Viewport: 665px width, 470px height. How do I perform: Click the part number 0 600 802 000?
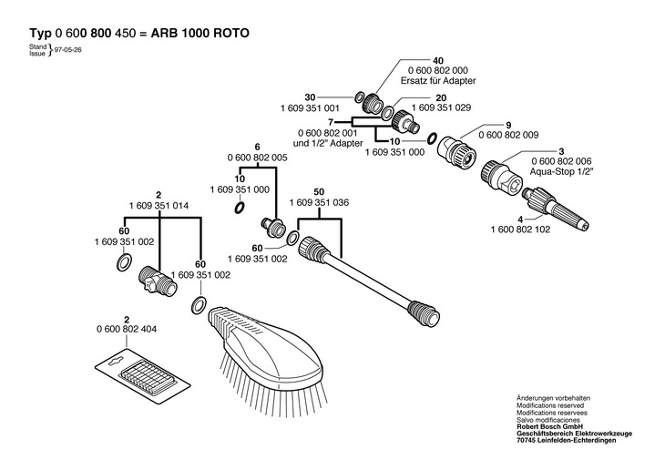(x=438, y=70)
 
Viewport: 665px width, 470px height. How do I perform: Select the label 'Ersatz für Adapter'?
(x=438, y=80)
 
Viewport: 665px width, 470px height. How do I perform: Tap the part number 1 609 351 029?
(x=441, y=107)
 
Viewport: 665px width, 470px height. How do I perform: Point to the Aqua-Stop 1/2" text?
(x=561, y=172)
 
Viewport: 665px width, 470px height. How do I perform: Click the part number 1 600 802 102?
(x=520, y=230)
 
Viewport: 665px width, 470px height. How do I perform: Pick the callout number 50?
(x=319, y=191)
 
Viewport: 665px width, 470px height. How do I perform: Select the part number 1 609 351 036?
(x=319, y=203)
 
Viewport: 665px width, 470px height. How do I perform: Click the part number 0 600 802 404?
(x=127, y=329)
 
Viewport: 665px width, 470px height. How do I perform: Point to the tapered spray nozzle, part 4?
(x=557, y=209)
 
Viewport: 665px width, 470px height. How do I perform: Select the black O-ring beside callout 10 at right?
(x=433, y=138)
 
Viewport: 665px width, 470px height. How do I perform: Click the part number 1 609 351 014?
(x=159, y=206)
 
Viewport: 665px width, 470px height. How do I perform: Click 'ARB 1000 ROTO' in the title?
(x=199, y=33)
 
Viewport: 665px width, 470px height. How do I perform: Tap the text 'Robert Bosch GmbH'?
(x=549, y=426)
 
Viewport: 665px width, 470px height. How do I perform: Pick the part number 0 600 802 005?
(x=257, y=158)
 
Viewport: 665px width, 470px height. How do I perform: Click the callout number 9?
(x=508, y=125)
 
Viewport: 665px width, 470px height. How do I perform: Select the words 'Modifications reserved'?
(x=550, y=405)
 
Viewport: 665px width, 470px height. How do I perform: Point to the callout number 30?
(x=310, y=97)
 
